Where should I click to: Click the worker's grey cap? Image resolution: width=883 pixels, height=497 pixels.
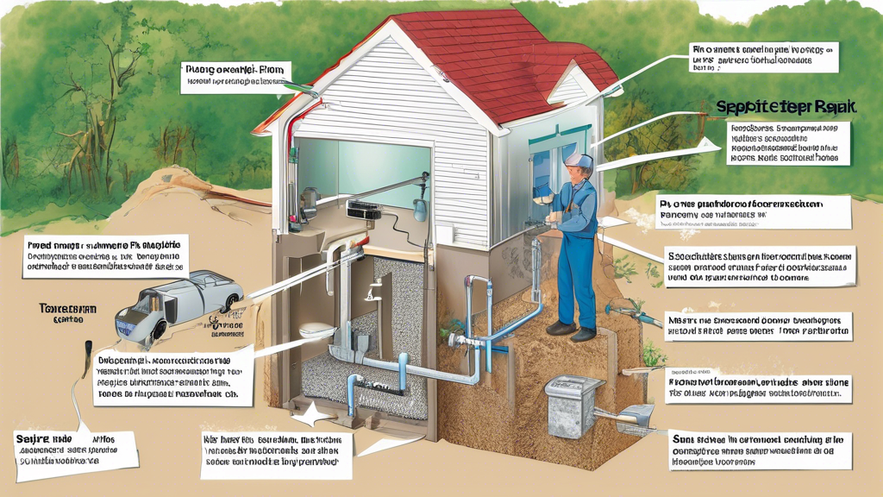pos(579,160)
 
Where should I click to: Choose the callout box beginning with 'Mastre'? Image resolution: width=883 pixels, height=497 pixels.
pos(760,324)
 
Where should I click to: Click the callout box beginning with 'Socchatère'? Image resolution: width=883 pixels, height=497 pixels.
pos(760,267)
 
